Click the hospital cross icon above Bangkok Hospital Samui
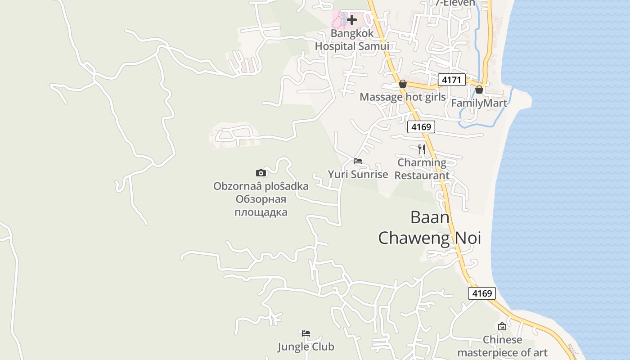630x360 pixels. point(352,20)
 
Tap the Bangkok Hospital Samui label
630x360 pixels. point(351,40)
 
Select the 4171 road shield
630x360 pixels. point(451,80)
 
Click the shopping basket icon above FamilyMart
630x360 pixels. point(479,90)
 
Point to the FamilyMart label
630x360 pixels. point(479,103)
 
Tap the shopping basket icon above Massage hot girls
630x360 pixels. point(403,84)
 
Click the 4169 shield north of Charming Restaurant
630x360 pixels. point(421,127)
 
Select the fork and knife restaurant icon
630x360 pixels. point(422,149)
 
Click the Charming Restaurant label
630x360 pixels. point(422,169)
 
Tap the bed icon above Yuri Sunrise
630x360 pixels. point(358,161)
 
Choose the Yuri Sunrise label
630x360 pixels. point(358,175)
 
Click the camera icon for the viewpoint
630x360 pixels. point(261,173)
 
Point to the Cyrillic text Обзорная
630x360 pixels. point(261,199)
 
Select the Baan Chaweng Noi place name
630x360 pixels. point(429,228)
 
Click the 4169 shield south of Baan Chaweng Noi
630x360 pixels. point(481,293)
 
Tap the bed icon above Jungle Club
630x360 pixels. point(306,333)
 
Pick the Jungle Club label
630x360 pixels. point(306,346)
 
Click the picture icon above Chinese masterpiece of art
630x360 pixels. point(502,326)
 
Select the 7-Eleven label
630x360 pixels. point(455,3)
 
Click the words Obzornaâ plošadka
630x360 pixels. point(261,186)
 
